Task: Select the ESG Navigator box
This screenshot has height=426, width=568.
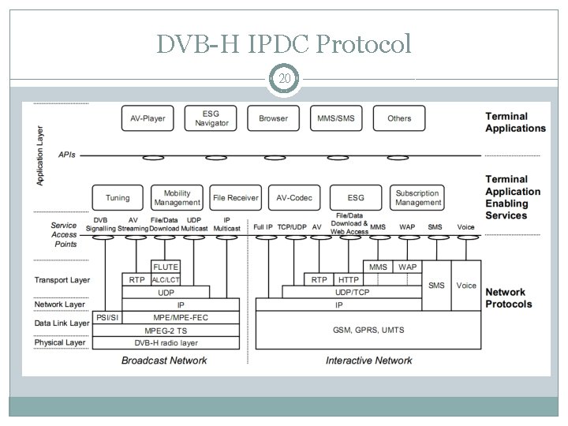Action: click(x=211, y=118)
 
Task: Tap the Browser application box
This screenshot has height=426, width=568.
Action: click(x=273, y=118)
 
